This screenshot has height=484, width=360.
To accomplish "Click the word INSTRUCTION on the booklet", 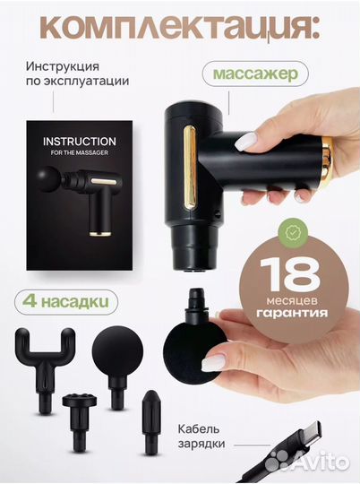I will point(79,142).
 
